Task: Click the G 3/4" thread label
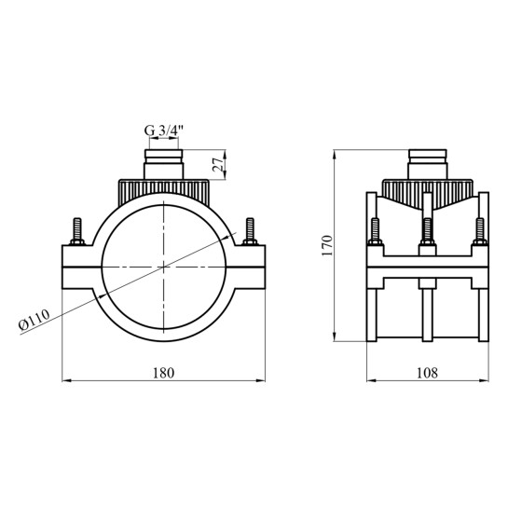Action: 164,130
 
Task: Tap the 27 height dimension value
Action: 218,165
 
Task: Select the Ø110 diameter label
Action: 34,320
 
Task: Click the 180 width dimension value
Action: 164,373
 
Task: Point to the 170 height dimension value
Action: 327,245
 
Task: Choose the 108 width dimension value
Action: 427,373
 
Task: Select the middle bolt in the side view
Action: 427,232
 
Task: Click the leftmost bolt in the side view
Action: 375,232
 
